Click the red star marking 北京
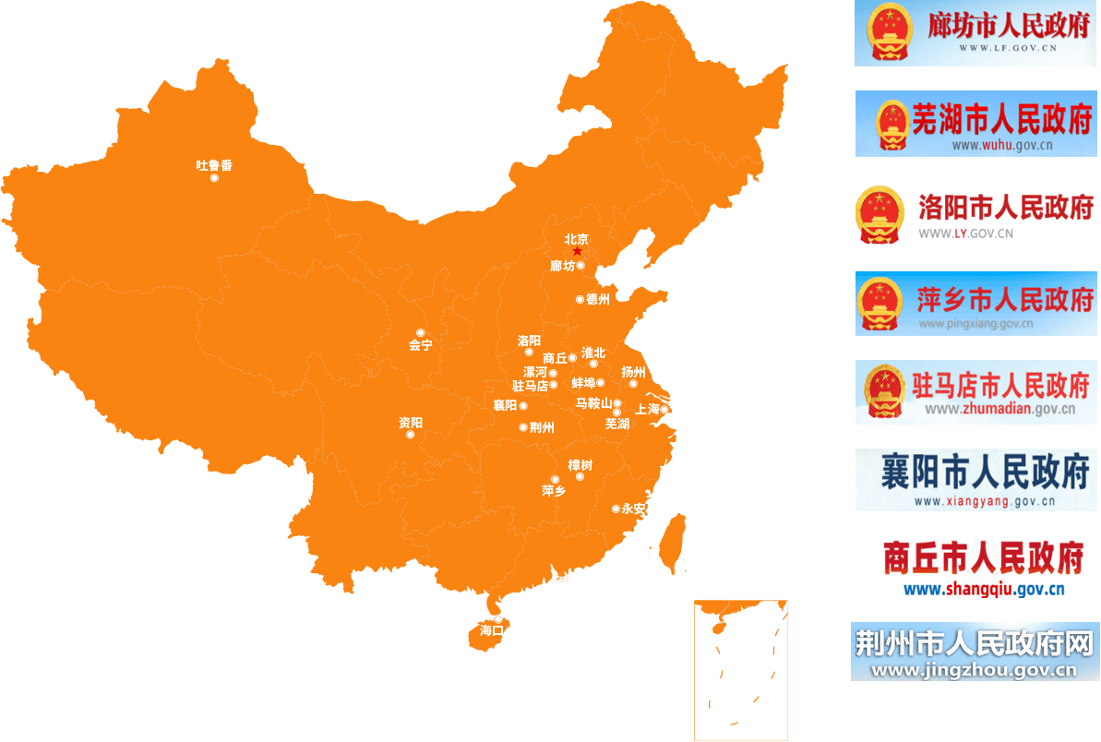(x=577, y=251)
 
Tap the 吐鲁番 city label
(x=214, y=165)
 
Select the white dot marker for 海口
(x=498, y=619)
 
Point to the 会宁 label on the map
(x=420, y=346)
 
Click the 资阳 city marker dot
(x=411, y=435)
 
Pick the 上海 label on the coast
(x=648, y=409)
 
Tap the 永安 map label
(x=634, y=509)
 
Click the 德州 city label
(x=598, y=299)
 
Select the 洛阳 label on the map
(x=529, y=341)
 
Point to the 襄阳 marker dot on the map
(x=523, y=405)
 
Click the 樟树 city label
(x=580, y=465)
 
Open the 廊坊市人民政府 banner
(x=976, y=34)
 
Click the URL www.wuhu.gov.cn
(x=1002, y=145)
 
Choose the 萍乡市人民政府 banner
(x=976, y=304)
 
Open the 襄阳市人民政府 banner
(x=976, y=480)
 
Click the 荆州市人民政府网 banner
(x=975, y=652)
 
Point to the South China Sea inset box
(x=741, y=670)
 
